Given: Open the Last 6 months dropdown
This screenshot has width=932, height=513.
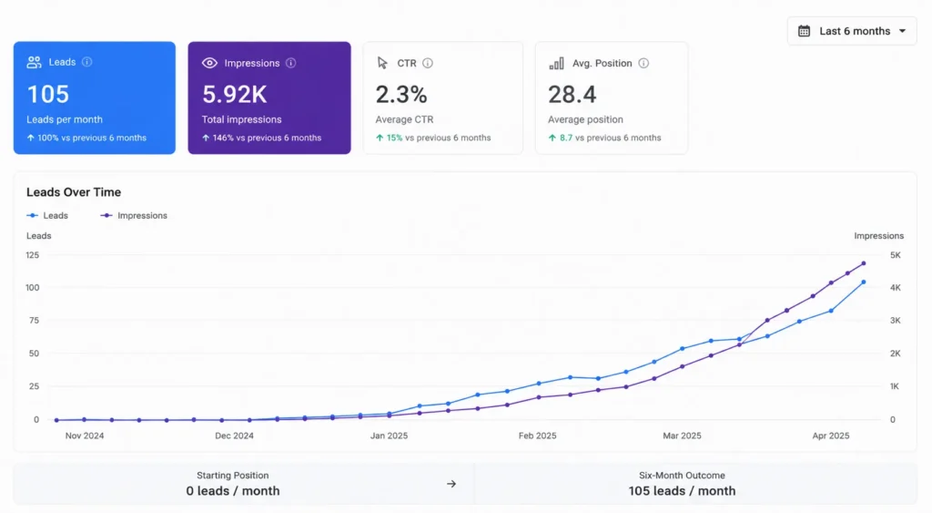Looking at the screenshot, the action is pos(852,31).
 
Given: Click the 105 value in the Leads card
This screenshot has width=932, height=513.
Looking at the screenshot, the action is pos(48,94).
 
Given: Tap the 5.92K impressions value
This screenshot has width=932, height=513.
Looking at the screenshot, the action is pos(234,94).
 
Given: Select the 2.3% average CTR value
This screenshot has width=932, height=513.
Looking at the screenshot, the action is pos(401,94).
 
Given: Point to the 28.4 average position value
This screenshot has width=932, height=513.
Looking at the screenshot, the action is pos(572,94).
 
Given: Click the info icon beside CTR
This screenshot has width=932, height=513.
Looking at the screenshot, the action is pos(428,63).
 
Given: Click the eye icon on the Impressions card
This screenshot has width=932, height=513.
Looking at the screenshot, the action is pos(209,63).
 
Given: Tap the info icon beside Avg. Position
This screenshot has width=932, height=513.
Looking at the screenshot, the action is pos(643,63).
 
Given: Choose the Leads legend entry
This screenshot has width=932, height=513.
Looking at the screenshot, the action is pos(47,215).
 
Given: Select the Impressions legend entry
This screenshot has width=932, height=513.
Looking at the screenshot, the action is pos(134,215).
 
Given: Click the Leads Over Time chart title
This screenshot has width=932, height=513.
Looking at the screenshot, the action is pos(74,192).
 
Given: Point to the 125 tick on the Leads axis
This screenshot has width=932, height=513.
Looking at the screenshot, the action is pos(32,255).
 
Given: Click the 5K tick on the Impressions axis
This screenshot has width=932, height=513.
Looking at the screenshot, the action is pos(896,255).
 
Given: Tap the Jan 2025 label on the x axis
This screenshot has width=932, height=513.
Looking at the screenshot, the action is pos(389,436).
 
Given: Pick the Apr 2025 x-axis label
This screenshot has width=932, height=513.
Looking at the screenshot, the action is pos(831,436).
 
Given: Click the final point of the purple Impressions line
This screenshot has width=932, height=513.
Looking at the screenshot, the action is pos(864,263).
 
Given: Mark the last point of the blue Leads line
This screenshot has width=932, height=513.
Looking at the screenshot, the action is pos(864,282).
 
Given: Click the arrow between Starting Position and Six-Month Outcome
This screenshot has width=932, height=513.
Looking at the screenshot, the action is pos(451,484).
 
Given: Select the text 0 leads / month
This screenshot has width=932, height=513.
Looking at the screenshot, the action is pos(232,491).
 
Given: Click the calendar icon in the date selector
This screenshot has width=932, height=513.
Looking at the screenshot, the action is pos(805,31).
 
